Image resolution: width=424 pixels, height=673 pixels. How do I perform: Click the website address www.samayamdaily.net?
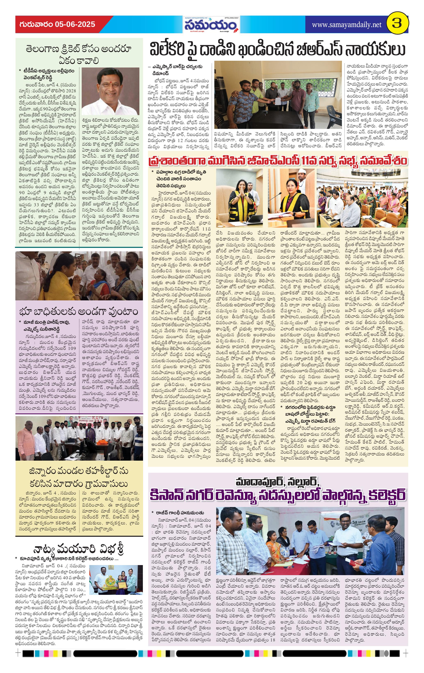pyautogui.click(x=346, y=25)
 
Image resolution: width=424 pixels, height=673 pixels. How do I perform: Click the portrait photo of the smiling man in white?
pyautogui.click(x=110, y=91)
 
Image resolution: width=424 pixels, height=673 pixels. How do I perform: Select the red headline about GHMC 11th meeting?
pyautogui.click(x=277, y=161)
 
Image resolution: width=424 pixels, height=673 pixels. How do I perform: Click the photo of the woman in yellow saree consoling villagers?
pyautogui.click(x=79, y=276)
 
